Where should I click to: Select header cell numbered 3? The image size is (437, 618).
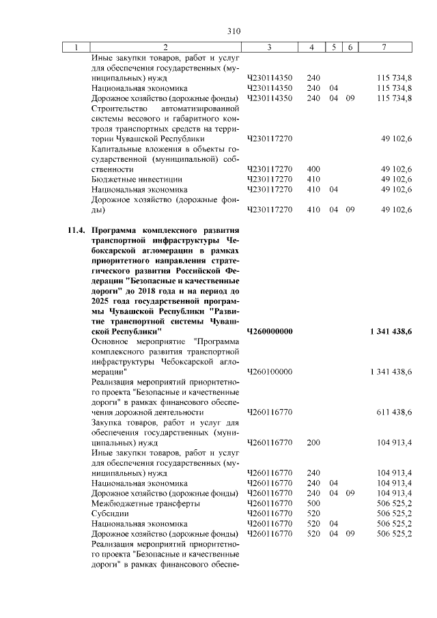point(270,47)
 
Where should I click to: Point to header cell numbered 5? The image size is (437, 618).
point(335,47)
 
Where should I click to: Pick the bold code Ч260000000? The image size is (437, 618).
point(270,331)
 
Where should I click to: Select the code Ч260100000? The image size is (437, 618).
point(270,371)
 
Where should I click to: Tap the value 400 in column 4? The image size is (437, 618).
point(314,169)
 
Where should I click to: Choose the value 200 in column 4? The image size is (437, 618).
point(314,443)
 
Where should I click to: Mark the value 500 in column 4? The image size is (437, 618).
point(314,503)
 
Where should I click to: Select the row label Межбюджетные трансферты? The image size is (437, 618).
point(145,503)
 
